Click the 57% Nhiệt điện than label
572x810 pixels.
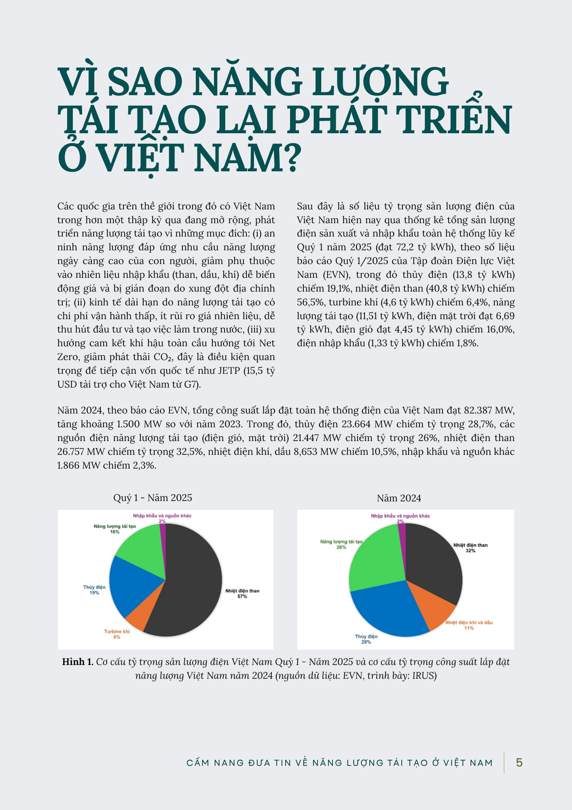point(242,594)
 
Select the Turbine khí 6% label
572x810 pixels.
point(117,634)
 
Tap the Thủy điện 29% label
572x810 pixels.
point(366,639)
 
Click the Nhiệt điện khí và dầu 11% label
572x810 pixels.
point(469,625)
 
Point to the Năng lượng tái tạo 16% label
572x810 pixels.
point(115,529)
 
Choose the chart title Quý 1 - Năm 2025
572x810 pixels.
point(153,498)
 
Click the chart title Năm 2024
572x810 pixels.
point(399,498)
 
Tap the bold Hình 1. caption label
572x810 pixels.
point(78,662)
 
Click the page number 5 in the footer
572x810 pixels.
point(519,763)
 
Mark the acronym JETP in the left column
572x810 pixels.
point(229,371)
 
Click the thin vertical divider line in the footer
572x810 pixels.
point(504,763)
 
